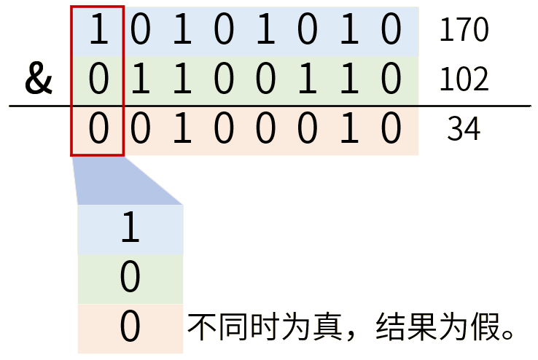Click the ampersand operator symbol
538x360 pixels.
(39, 80)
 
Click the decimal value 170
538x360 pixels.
(463, 31)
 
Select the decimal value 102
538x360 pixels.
(463, 80)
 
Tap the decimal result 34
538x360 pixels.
(464, 130)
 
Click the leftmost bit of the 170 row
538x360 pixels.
(98, 31)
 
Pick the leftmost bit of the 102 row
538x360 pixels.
(98, 80)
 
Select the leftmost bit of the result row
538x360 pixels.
(98, 130)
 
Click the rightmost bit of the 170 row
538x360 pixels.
(391, 31)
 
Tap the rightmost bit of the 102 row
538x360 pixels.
(391, 80)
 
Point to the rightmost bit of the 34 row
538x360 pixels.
(391, 130)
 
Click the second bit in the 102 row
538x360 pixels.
(141, 80)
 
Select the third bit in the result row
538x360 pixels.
(182, 130)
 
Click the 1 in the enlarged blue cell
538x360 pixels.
(130, 229)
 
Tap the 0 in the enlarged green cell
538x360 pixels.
(130, 278)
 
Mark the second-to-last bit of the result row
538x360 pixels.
(350, 130)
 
